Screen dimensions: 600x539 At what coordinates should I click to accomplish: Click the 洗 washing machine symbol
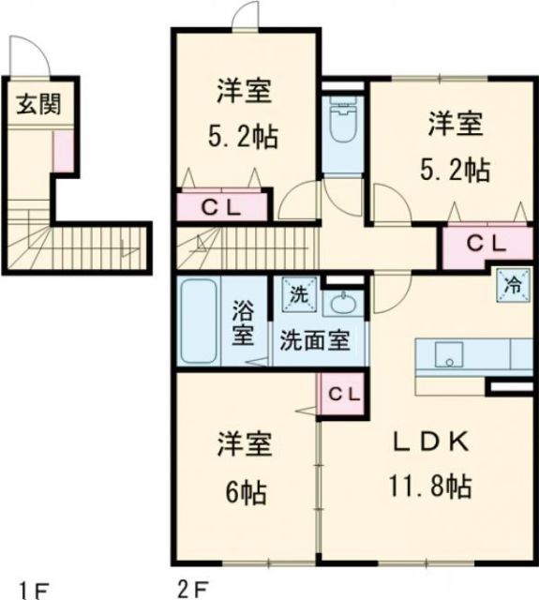tap(297, 293)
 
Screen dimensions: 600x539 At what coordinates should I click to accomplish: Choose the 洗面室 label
tap(313, 339)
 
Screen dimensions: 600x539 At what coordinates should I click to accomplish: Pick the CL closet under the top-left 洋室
tap(223, 207)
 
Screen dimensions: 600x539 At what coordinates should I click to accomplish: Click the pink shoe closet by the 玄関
tap(63, 149)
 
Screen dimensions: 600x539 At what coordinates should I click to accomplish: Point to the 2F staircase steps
tap(217, 250)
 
